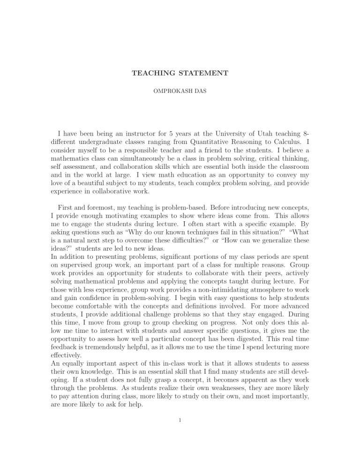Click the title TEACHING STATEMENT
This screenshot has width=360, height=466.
tap(180, 73)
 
